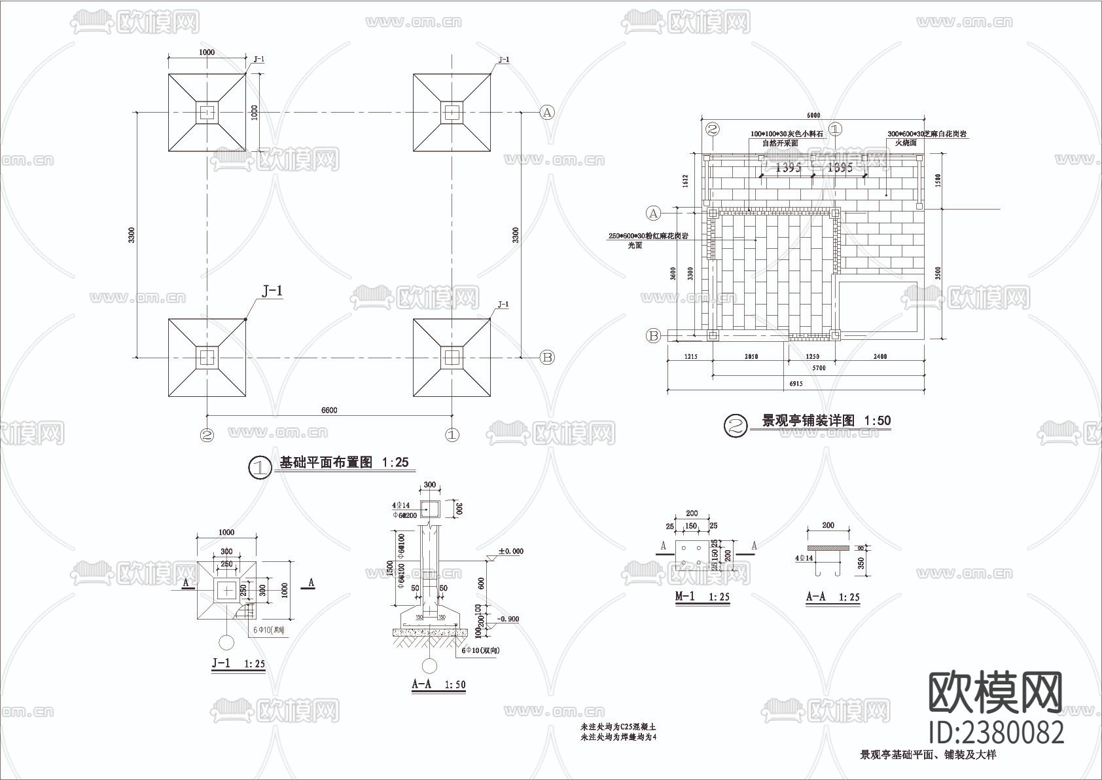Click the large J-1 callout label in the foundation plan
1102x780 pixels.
pyautogui.click(x=272, y=291)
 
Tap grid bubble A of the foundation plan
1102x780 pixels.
pyautogui.click(x=547, y=112)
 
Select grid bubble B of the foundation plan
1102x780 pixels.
pyautogui.click(x=547, y=357)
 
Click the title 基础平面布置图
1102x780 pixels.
pyautogui.click(x=326, y=462)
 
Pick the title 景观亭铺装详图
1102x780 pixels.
pyautogui.click(x=809, y=421)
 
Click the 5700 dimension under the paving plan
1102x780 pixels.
pyautogui.click(x=819, y=368)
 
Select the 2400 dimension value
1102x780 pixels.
pyautogui.click(x=880, y=357)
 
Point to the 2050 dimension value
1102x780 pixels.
pyautogui.click(x=751, y=357)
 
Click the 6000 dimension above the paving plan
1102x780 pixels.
pyautogui.click(x=813, y=115)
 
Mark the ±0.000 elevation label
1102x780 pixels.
pyautogui.click(x=510, y=551)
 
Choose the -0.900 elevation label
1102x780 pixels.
pyautogui.click(x=508, y=618)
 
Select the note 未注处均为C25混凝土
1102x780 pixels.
pyautogui.click(x=618, y=728)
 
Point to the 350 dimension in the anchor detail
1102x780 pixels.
pyautogui.click(x=861, y=563)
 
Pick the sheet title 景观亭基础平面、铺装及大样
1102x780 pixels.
pyautogui.click(x=928, y=755)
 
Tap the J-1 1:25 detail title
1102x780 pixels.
pyautogui.click(x=238, y=663)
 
